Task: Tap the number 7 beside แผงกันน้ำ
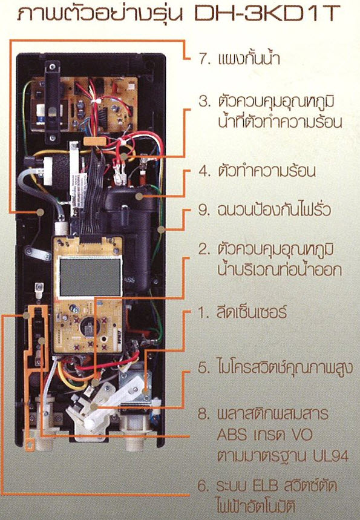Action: pyautogui.click(x=203, y=59)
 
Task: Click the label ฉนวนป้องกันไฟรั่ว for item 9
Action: pyautogui.click(x=274, y=209)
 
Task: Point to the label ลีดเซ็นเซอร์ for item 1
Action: pyautogui.click(x=252, y=312)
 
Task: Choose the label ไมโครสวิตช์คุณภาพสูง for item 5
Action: pyautogui.click(x=285, y=367)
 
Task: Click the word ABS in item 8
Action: pyautogui.click(x=232, y=435)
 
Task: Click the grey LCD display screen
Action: pyautogui.click(x=90, y=277)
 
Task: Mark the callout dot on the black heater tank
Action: pyautogui.click(x=140, y=197)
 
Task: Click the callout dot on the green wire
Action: pyautogui.click(x=161, y=229)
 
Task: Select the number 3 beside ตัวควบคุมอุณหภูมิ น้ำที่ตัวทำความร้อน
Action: pyautogui.click(x=203, y=101)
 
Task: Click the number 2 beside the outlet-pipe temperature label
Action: pyautogui.click(x=203, y=249)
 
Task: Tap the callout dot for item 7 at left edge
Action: pyautogui.click(x=40, y=212)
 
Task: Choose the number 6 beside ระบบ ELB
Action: pyautogui.click(x=202, y=486)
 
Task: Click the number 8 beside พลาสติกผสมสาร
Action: pyautogui.click(x=203, y=413)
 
